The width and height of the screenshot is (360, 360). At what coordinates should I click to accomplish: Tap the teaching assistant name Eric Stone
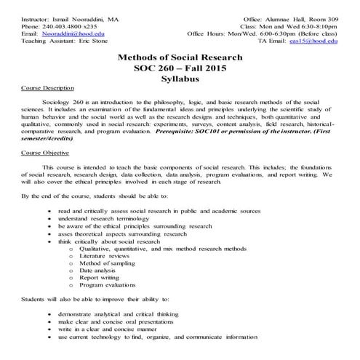click(x=98, y=42)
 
